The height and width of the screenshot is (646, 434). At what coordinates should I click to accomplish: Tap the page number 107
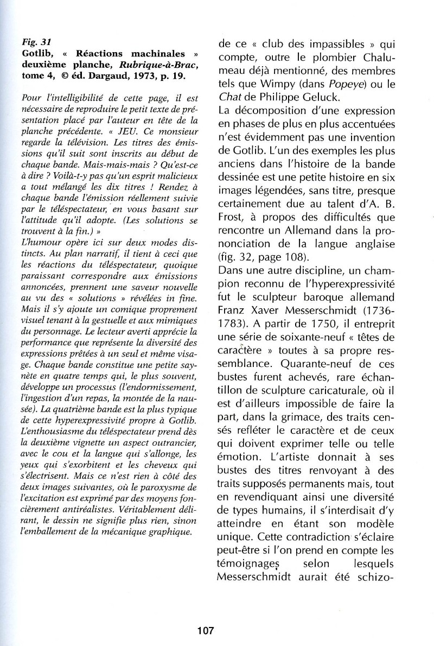tap(206, 631)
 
